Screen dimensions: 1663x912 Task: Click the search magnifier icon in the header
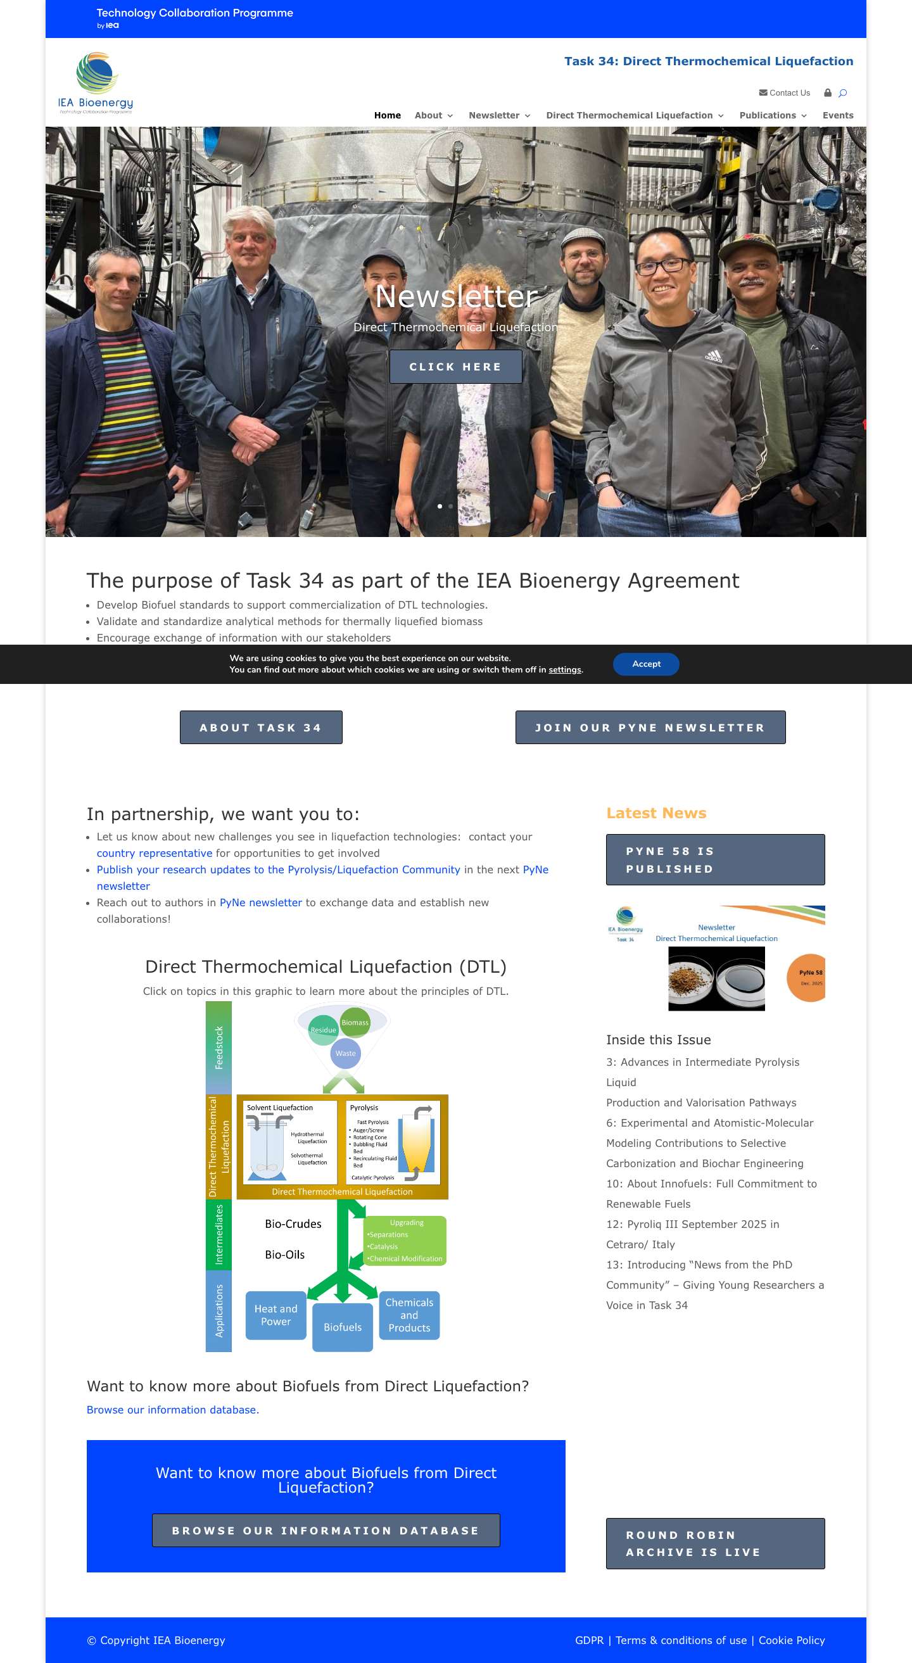pos(842,93)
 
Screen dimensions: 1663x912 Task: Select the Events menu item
pos(837,115)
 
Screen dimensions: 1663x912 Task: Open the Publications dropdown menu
pos(773,115)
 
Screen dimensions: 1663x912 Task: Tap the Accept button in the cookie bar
pos(645,664)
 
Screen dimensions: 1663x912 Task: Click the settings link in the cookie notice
pos(564,670)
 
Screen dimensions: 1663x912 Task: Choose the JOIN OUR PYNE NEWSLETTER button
pos(650,728)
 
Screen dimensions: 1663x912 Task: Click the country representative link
pos(155,854)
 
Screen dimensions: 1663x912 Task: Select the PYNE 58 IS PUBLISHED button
pos(714,860)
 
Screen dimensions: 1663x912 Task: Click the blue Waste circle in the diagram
pos(345,1054)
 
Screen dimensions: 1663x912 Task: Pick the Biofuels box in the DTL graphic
pos(342,1327)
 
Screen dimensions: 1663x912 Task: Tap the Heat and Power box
pos(275,1315)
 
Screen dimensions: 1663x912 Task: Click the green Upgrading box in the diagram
pos(405,1241)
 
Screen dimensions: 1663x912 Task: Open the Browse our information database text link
pos(172,1410)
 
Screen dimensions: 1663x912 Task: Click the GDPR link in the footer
pos(588,1640)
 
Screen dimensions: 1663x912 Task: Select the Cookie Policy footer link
pos(791,1640)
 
